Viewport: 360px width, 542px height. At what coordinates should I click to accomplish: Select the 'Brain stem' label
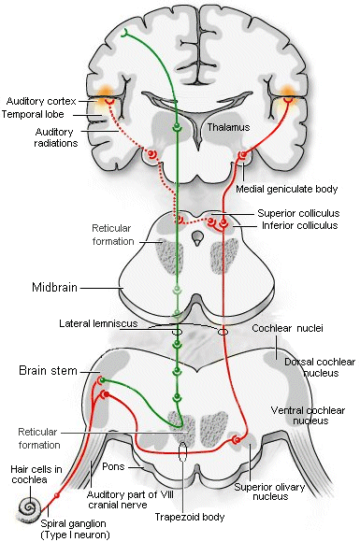pyautogui.click(x=47, y=370)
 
